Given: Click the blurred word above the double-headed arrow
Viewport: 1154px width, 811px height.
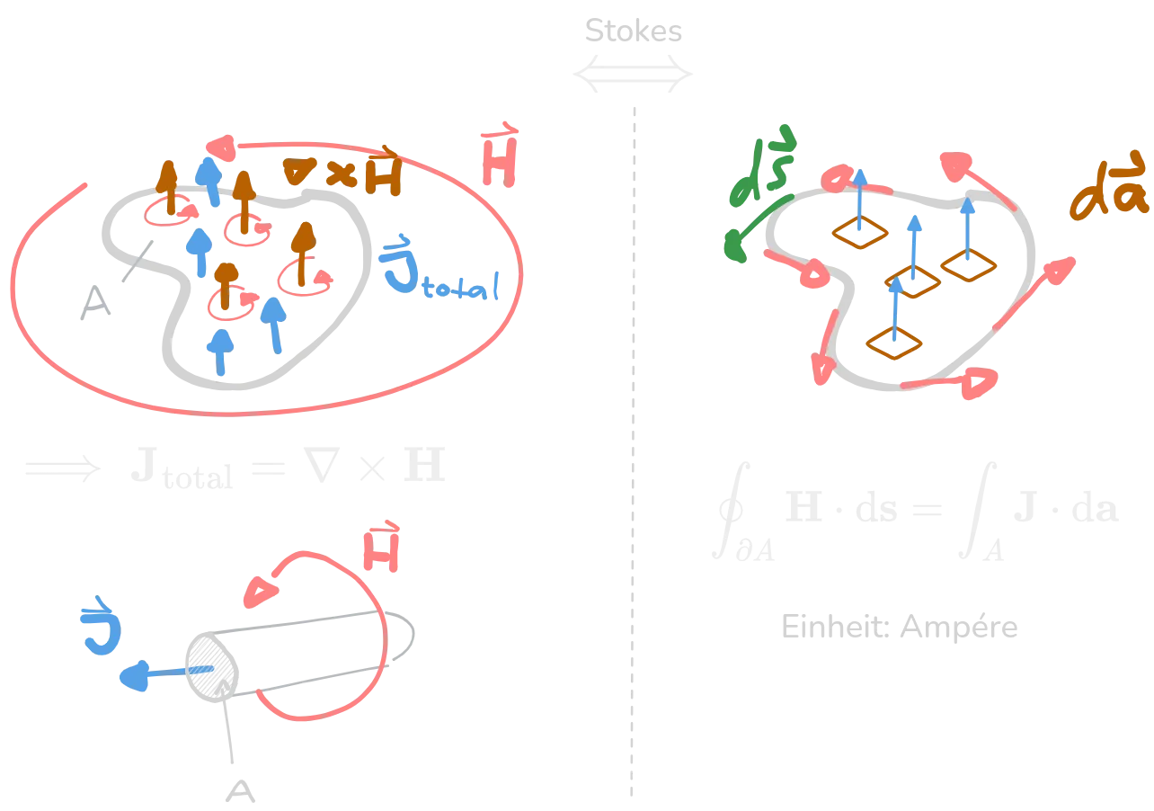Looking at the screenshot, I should tap(633, 30).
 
